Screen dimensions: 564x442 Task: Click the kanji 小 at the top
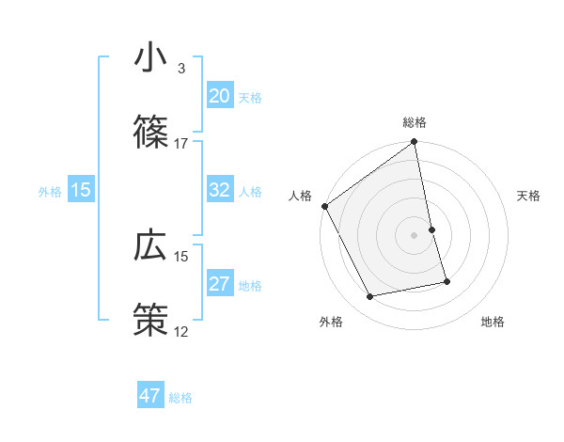(x=150, y=59)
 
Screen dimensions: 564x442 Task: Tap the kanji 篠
(x=150, y=131)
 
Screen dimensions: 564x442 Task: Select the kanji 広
(x=150, y=245)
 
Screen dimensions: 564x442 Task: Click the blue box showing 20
(x=220, y=96)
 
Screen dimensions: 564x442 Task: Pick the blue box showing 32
(x=220, y=190)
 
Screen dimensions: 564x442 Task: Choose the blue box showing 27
(x=220, y=285)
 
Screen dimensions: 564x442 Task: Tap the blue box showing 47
(x=150, y=396)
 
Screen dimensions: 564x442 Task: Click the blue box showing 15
(x=81, y=190)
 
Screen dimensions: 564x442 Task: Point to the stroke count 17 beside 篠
(x=181, y=143)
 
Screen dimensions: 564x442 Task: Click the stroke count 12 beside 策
(x=181, y=331)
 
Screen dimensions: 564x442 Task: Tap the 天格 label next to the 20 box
(x=250, y=97)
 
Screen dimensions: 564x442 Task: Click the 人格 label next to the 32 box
(x=250, y=191)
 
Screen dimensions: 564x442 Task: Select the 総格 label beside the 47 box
(x=180, y=397)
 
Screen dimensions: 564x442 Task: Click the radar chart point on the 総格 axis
(x=415, y=142)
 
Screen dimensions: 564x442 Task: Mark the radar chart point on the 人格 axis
(x=325, y=206)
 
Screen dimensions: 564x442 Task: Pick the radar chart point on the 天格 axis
(x=431, y=229)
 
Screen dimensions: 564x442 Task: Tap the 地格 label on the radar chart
(x=493, y=322)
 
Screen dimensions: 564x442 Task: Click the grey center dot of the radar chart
(x=415, y=235)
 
